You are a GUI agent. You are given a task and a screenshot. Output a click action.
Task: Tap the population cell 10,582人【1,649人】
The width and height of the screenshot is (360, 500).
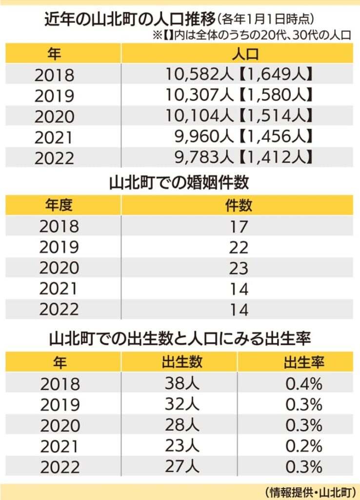[x=239, y=75]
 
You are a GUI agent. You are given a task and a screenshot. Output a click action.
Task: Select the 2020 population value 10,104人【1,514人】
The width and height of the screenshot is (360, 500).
[x=239, y=116]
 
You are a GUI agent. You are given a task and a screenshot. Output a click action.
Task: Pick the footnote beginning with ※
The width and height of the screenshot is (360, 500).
[x=252, y=35]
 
